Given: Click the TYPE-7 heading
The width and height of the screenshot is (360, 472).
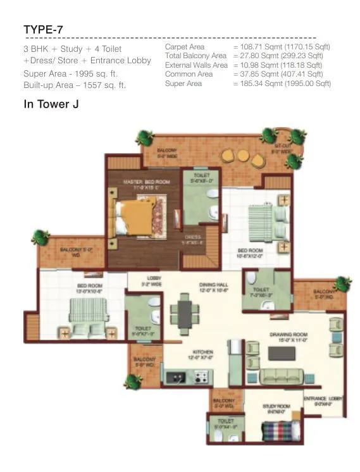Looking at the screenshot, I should coord(43,29).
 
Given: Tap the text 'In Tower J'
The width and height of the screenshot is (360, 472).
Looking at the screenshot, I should coord(51,105).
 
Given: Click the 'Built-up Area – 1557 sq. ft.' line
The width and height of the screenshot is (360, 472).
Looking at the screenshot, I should coord(74,85).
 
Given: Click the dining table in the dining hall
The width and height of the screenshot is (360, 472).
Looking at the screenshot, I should coord(185,313).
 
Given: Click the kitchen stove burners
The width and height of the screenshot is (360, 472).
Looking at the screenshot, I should coord(201,378).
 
